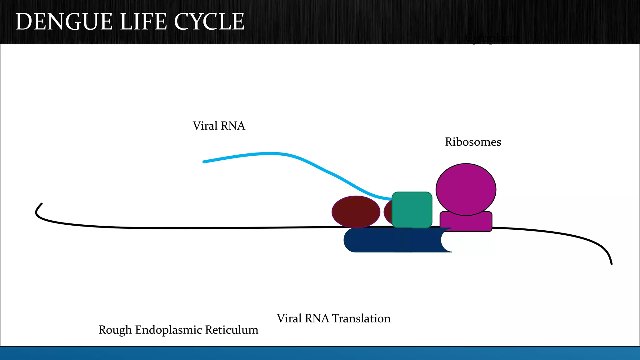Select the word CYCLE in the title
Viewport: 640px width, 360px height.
click(209, 22)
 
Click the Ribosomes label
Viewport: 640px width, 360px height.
click(473, 142)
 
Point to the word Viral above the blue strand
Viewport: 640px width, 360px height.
click(205, 126)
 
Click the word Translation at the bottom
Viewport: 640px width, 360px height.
click(361, 318)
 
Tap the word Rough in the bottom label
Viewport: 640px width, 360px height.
click(115, 330)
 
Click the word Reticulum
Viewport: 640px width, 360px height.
click(232, 330)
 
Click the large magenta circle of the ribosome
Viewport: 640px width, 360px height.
click(466, 189)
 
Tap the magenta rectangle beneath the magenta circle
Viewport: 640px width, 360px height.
click(466, 222)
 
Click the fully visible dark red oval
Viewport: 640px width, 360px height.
click(356, 212)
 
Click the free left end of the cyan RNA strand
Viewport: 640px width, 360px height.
click(204, 162)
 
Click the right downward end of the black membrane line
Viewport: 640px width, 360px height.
click(611, 262)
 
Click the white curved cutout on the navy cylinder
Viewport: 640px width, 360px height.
click(446, 240)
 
